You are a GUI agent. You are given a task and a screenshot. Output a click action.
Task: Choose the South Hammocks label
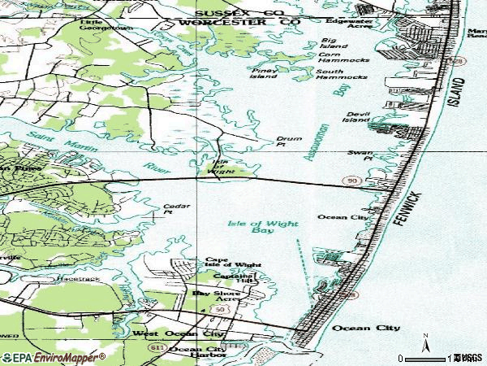pyautogui.click(x=342, y=74)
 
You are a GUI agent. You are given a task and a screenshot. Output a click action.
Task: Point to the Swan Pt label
pyautogui.click(x=360, y=155)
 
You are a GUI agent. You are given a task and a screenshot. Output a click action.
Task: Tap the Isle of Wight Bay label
pyautogui.click(x=261, y=226)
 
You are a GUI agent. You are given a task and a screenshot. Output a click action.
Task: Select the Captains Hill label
pyautogui.click(x=233, y=277)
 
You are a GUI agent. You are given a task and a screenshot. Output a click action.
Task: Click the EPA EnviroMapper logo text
pyautogui.click(x=54, y=357)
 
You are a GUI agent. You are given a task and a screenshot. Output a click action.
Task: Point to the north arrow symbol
pyautogui.click(x=425, y=342)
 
